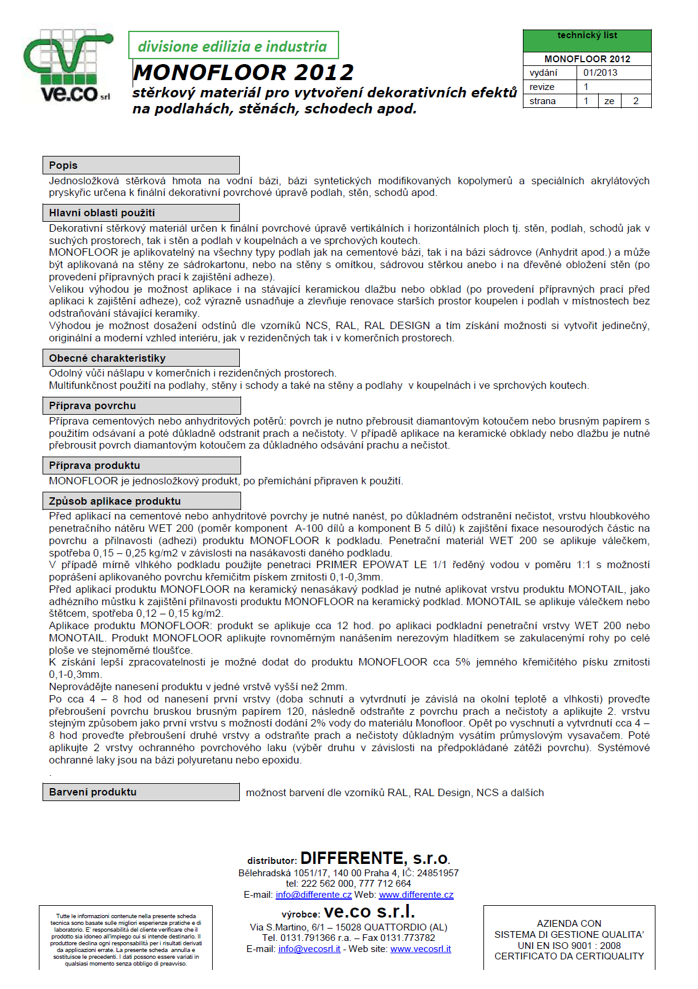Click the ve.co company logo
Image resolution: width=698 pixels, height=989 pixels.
tap(68, 66)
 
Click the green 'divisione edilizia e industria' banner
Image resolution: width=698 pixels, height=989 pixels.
tap(233, 46)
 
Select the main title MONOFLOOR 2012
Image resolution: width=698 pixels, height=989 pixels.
tap(244, 73)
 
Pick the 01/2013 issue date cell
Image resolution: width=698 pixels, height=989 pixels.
tap(600, 73)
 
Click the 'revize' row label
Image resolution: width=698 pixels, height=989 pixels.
tap(542, 87)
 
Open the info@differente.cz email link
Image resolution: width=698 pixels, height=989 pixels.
tap(313, 895)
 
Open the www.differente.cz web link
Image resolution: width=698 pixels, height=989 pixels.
tap(416, 895)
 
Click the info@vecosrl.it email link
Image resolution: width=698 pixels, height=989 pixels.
tap(309, 949)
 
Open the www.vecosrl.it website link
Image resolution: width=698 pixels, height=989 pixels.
tap(421, 949)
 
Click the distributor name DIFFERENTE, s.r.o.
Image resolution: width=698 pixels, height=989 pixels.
tap(375, 858)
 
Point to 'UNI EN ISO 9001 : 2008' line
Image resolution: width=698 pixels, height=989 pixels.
tap(569, 945)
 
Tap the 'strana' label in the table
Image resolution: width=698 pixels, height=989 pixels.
tap(543, 101)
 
